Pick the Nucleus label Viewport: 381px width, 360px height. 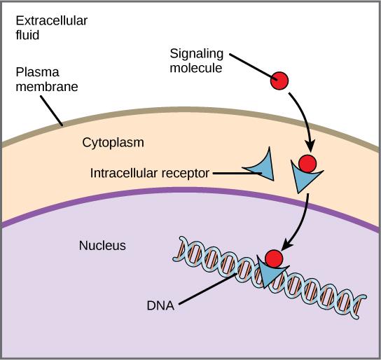tap(102, 245)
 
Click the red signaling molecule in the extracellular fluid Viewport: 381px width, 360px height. tap(279, 81)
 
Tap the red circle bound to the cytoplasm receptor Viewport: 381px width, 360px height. tap(307, 164)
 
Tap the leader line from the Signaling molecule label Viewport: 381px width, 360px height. tap(249, 67)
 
